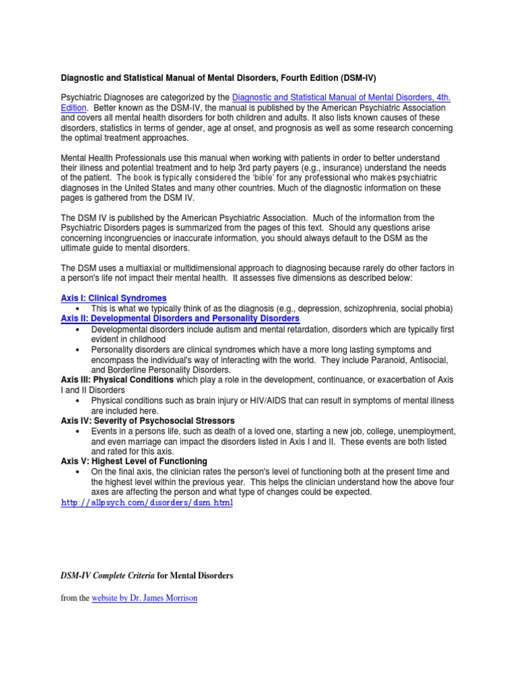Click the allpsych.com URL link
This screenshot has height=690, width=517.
coord(147,503)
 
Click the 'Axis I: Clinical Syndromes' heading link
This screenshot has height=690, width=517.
coord(114,298)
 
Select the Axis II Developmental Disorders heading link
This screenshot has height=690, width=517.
coord(180,318)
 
